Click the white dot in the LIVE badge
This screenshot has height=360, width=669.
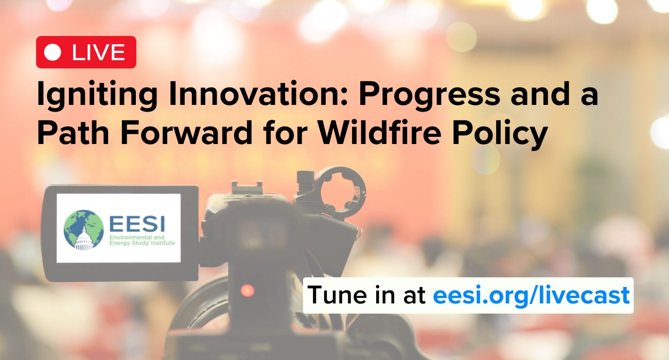(52, 52)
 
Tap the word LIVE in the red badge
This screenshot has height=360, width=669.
(98, 52)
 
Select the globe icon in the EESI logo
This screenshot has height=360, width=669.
(84, 229)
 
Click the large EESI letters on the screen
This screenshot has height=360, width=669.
(137, 224)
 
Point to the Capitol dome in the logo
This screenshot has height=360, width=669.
(84, 240)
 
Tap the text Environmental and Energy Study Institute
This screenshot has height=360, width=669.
(142, 240)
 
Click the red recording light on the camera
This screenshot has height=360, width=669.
(248, 291)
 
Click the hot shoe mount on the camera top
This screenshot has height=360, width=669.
(247, 188)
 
